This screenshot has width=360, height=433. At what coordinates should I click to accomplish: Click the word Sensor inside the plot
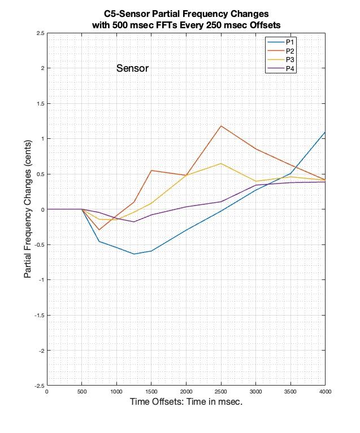(x=132, y=69)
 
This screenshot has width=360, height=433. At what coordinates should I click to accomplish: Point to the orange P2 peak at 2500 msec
(x=220, y=126)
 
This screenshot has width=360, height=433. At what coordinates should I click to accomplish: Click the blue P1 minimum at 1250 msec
(x=134, y=254)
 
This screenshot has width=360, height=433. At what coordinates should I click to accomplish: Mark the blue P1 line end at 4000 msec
(x=325, y=133)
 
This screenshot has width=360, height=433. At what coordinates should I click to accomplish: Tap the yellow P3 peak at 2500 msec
(x=220, y=164)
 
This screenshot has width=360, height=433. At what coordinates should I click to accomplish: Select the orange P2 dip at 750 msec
(x=99, y=230)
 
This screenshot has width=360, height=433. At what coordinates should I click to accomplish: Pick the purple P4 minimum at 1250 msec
(x=134, y=222)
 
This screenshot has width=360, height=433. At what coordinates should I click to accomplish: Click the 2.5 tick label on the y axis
(x=39, y=33)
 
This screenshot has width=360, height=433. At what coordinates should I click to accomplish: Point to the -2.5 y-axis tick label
(x=38, y=386)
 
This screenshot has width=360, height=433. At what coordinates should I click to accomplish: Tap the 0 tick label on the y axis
(x=42, y=209)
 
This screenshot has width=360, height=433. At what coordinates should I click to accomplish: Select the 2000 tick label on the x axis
(x=186, y=392)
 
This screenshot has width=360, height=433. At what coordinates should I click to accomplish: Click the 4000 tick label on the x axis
(x=325, y=392)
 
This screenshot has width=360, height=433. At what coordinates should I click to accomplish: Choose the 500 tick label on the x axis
(x=81, y=392)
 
